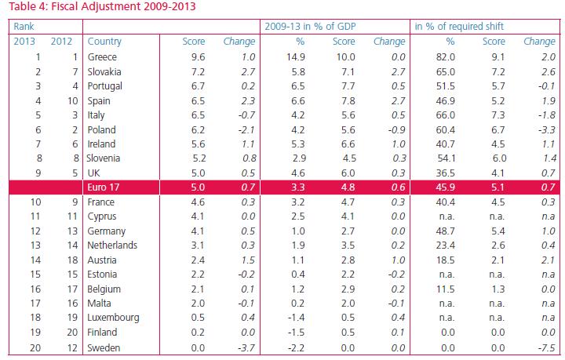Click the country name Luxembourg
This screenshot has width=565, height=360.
pyautogui.click(x=114, y=318)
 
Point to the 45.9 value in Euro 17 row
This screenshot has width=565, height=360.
pyautogui.click(x=445, y=187)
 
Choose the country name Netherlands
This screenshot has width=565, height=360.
pyautogui.click(x=113, y=245)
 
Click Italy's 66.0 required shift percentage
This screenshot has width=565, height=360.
pyautogui.click(x=445, y=115)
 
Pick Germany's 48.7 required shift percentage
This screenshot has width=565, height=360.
pyautogui.click(x=445, y=231)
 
